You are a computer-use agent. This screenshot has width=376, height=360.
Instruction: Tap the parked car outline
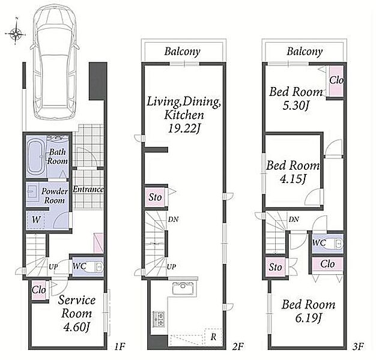(55, 62)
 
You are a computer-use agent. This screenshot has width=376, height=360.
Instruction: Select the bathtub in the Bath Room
(35, 157)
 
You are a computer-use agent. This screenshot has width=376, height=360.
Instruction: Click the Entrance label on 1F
(88, 190)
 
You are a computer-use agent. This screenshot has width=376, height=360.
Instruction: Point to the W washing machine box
(35, 220)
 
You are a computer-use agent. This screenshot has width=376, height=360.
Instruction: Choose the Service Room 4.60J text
(76, 314)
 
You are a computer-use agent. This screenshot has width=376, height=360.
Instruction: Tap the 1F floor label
(120, 346)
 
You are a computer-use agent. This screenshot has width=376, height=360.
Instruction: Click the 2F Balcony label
(182, 52)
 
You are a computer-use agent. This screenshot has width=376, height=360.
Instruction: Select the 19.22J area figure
(184, 129)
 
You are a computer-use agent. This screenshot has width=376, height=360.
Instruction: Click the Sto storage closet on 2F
(155, 197)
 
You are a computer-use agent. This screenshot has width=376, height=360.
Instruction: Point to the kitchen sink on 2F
(183, 288)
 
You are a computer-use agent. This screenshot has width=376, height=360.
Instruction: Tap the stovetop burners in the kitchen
(159, 319)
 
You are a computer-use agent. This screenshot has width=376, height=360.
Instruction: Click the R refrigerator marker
(213, 337)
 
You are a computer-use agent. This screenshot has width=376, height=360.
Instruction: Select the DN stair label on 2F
(173, 219)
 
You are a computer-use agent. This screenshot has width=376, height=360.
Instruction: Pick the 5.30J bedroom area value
(295, 106)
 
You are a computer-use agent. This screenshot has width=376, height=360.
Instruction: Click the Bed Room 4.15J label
(293, 172)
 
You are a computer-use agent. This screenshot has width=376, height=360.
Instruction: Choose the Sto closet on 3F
(275, 267)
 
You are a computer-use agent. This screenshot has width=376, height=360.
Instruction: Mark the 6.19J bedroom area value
(308, 318)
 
